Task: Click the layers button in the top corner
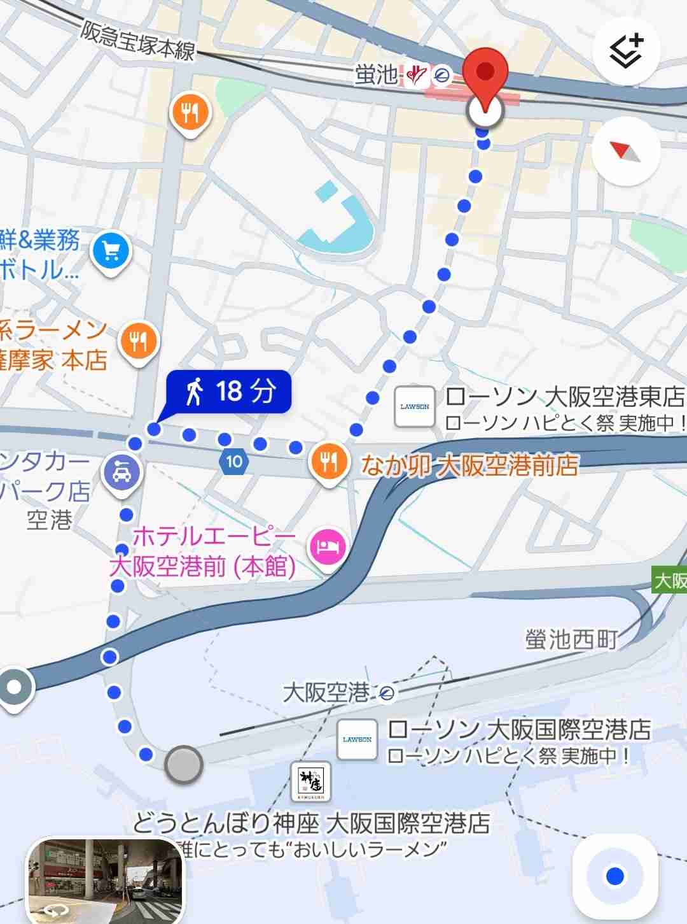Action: [626, 50]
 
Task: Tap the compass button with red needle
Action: [626, 151]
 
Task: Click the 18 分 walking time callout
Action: [229, 390]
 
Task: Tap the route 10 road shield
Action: [234, 461]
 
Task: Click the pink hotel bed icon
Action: [327, 547]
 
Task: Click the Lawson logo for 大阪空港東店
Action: [415, 406]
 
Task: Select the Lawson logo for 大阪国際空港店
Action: [357, 739]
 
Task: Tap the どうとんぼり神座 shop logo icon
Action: [310, 780]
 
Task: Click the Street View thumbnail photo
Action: [105, 879]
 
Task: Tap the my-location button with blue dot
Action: [614, 876]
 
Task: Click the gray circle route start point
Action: [184, 764]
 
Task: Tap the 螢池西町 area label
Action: [571, 639]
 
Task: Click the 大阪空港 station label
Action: [326, 692]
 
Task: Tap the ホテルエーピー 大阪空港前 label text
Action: [204, 551]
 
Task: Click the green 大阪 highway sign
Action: [670, 581]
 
